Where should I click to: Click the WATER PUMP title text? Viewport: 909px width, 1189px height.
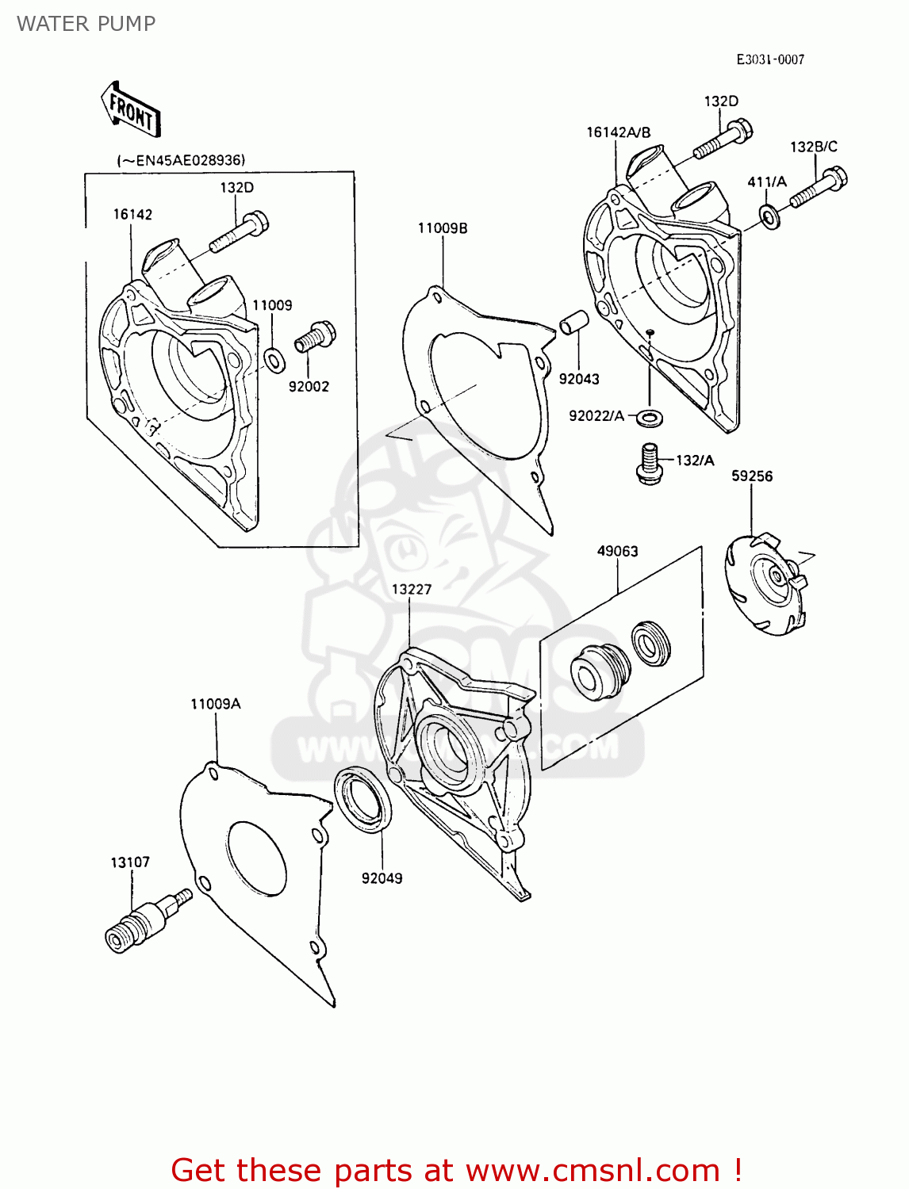click(x=86, y=24)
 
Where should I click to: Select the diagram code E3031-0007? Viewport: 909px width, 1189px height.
click(x=769, y=59)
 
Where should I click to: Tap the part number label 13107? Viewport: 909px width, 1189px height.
click(x=130, y=862)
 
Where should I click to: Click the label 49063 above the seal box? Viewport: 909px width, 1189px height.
click(x=617, y=551)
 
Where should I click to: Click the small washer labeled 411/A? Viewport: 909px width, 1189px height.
click(x=768, y=215)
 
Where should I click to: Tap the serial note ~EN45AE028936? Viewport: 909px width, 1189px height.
click(x=181, y=160)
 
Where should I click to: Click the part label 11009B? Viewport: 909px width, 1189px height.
click(x=443, y=228)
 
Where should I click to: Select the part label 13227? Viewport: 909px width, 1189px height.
click(x=412, y=589)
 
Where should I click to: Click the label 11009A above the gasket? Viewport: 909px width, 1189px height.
click(x=216, y=703)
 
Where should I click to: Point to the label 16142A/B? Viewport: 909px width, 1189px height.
click(x=618, y=132)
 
